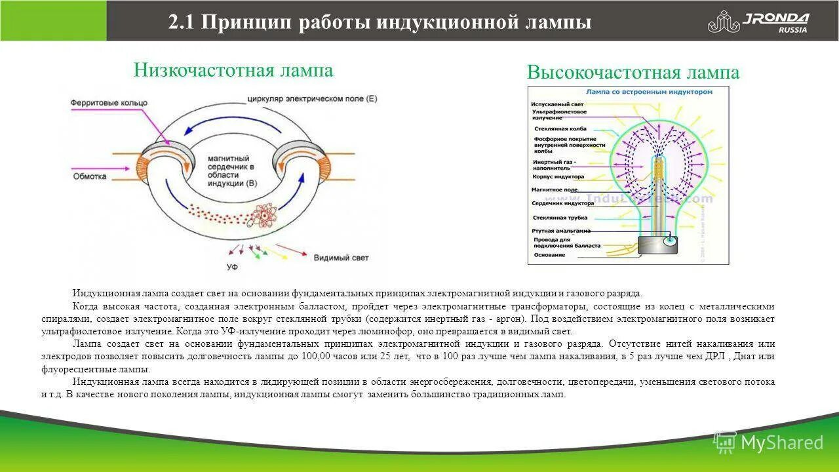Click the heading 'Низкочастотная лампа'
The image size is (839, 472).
click(x=233, y=70)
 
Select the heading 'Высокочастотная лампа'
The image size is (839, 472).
click(x=633, y=73)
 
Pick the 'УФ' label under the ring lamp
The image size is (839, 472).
click(x=231, y=267)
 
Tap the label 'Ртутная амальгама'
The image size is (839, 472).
click(x=561, y=231)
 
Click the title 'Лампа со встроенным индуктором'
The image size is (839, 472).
click(x=648, y=92)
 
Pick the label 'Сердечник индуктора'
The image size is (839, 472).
click(x=562, y=203)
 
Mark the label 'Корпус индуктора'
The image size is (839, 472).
click(x=558, y=177)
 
